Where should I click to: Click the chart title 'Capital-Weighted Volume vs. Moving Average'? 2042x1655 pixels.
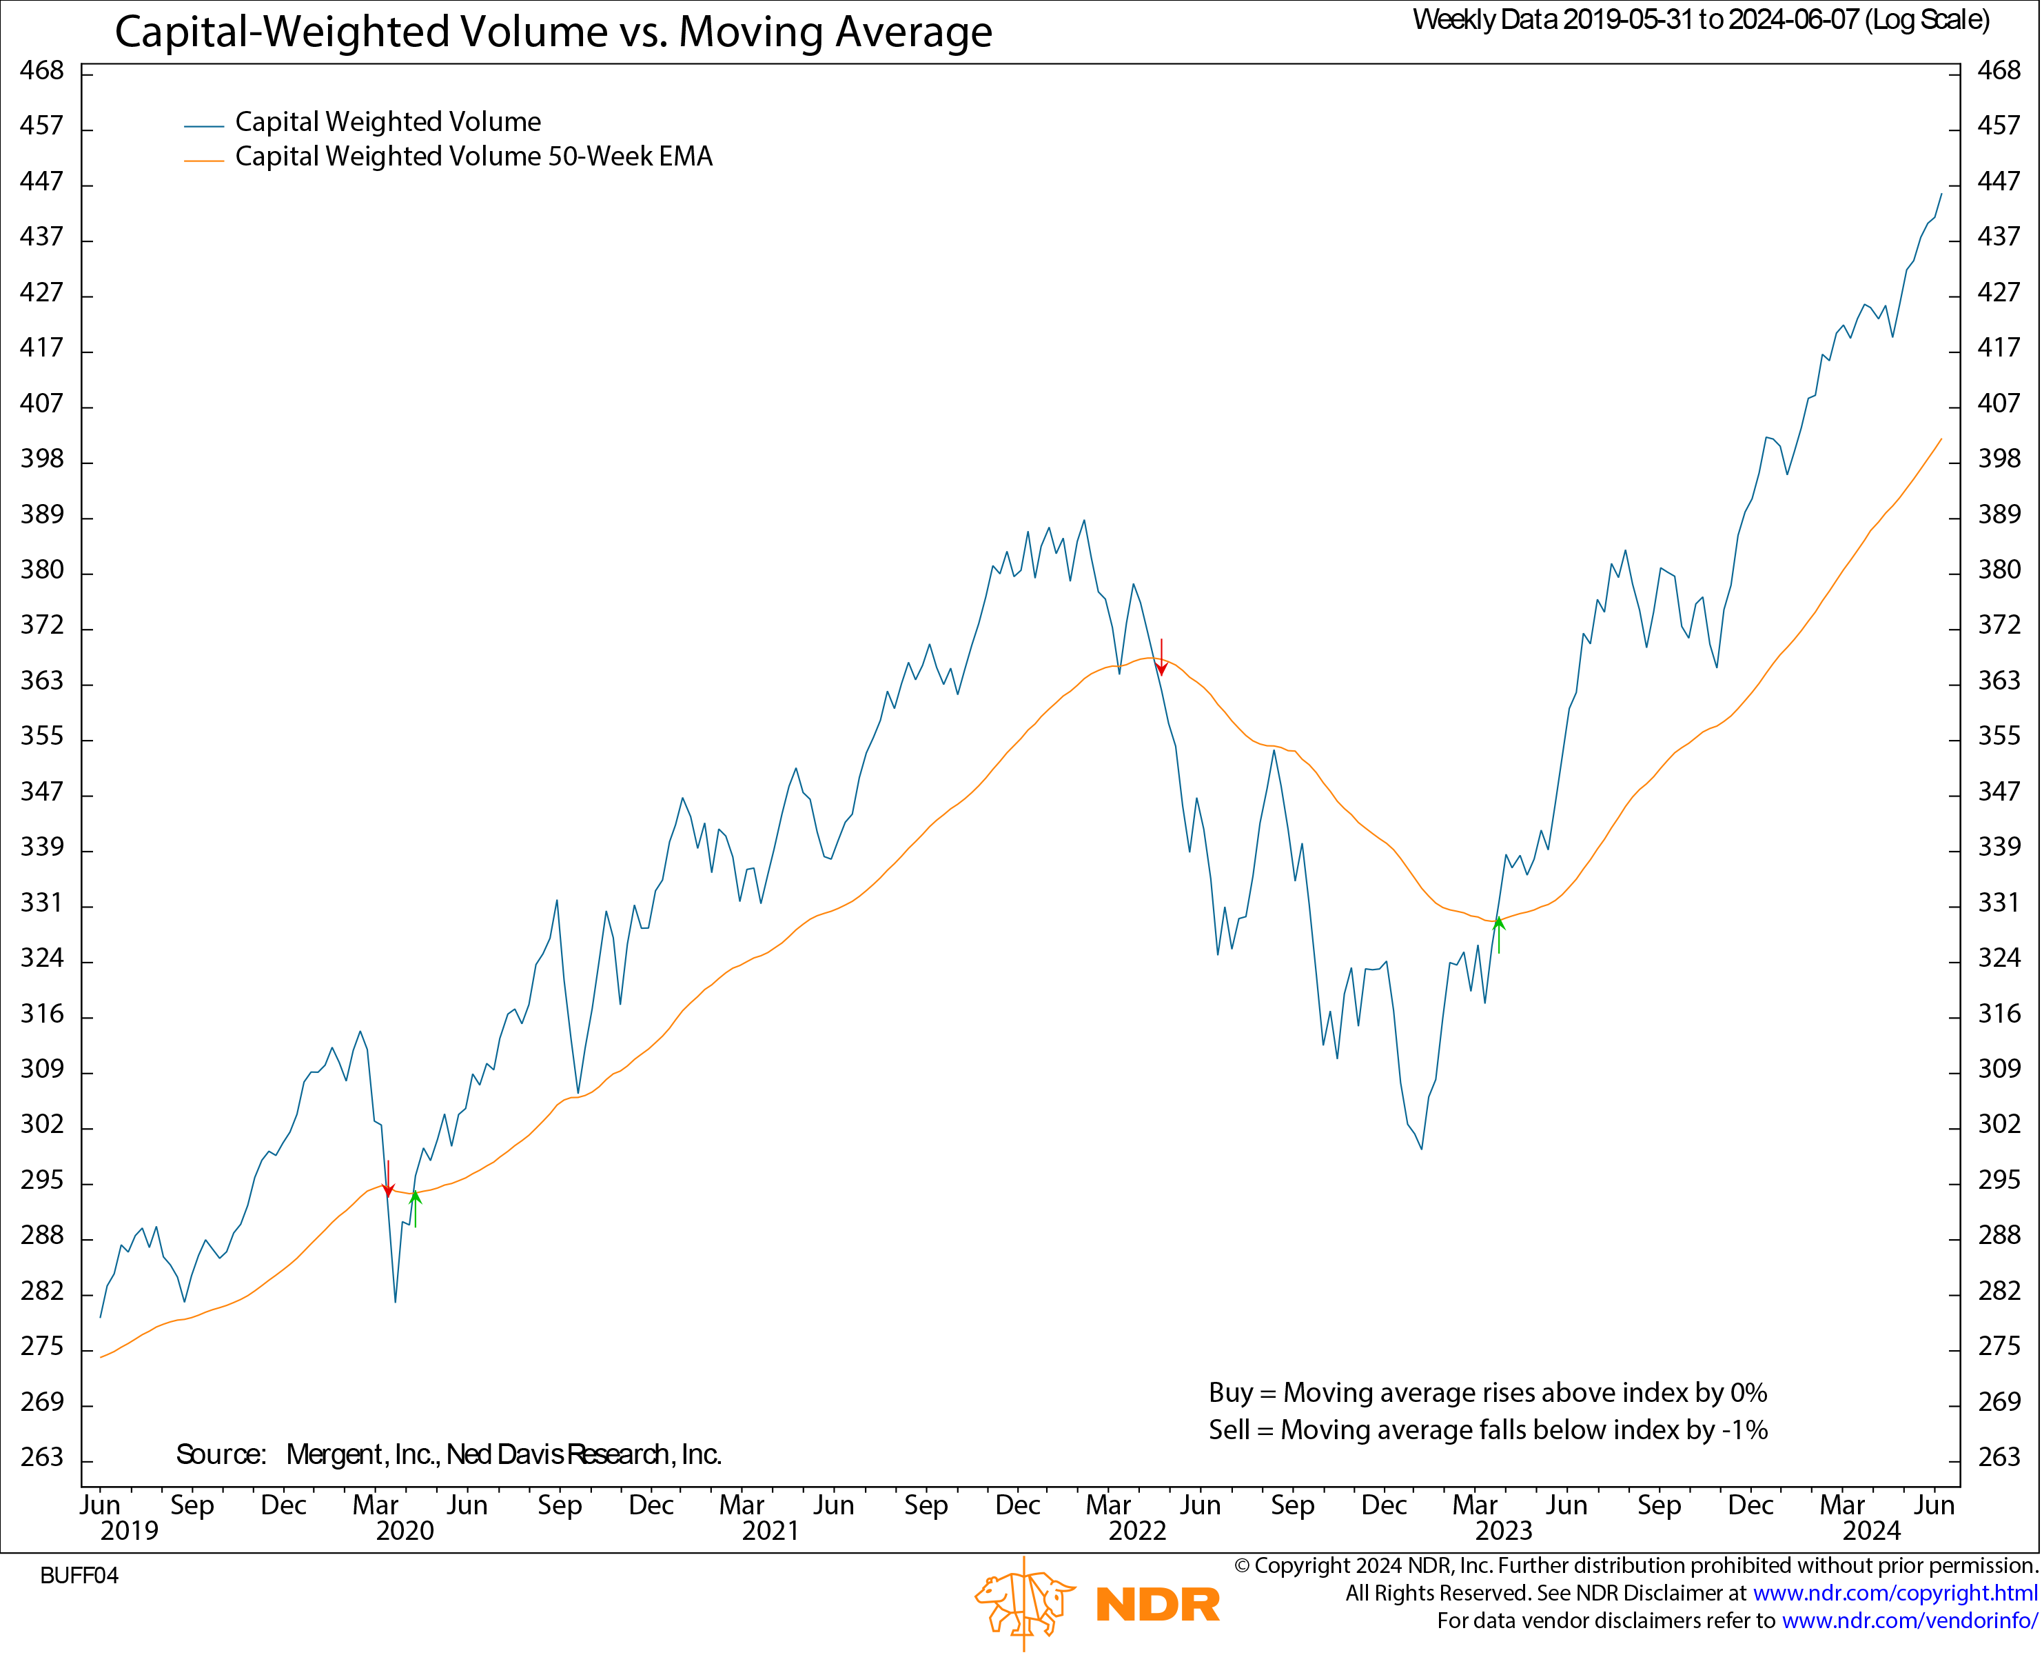coord(553,32)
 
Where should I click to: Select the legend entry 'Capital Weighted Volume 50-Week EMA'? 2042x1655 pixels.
coord(473,157)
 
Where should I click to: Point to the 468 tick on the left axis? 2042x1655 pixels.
coord(42,70)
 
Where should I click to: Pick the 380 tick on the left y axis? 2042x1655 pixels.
coord(42,570)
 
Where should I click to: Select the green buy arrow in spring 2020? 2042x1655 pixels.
coord(416,1208)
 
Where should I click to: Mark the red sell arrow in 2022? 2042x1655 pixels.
coord(1161,659)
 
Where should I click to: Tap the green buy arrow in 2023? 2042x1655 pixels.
coord(1499,934)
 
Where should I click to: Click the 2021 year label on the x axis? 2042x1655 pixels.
coord(770,1531)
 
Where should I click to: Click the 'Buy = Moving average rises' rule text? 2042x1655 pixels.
coord(1487,1393)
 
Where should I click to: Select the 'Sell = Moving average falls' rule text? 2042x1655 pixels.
coord(1487,1430)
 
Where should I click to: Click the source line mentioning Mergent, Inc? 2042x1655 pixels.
coord(448,1455)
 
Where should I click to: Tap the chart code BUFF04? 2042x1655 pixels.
coord(79,1576)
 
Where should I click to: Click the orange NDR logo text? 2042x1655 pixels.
coord(1157,1605)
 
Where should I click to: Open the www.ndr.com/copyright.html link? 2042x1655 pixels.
coord(1895,1593)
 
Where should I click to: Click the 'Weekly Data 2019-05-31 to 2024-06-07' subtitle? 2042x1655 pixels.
coord(1701,20)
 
